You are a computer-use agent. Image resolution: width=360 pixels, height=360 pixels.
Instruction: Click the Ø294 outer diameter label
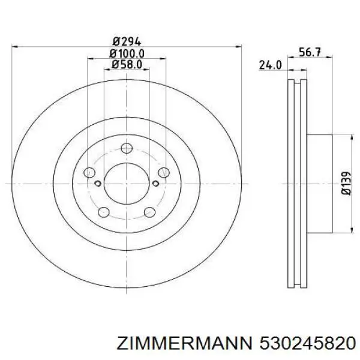point(126,41)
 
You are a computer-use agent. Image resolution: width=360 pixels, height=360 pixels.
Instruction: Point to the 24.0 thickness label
point(270,65)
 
